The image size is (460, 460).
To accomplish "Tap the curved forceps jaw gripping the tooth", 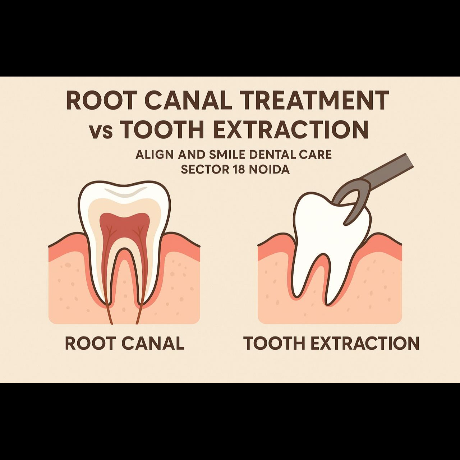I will pos(350,205).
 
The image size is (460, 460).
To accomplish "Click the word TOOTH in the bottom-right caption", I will pos(274,343).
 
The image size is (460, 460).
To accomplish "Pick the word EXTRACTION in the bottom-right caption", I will pos(364,343).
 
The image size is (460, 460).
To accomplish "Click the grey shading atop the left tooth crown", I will pos(124,194).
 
